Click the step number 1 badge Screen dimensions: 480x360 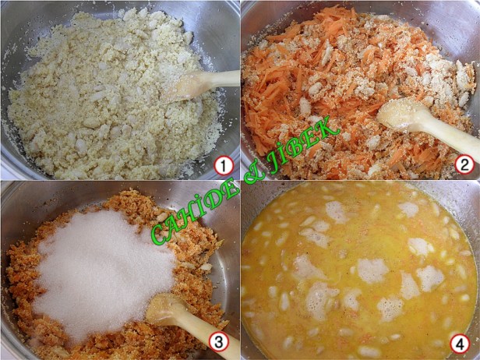click(x=224, y=166)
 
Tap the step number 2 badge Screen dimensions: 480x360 click(x=464, y=165)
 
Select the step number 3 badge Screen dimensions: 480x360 click(x=218, y=342)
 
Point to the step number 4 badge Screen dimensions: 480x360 click(x=460, y=344)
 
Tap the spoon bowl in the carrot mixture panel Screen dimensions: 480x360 click(x=398, y=114)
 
